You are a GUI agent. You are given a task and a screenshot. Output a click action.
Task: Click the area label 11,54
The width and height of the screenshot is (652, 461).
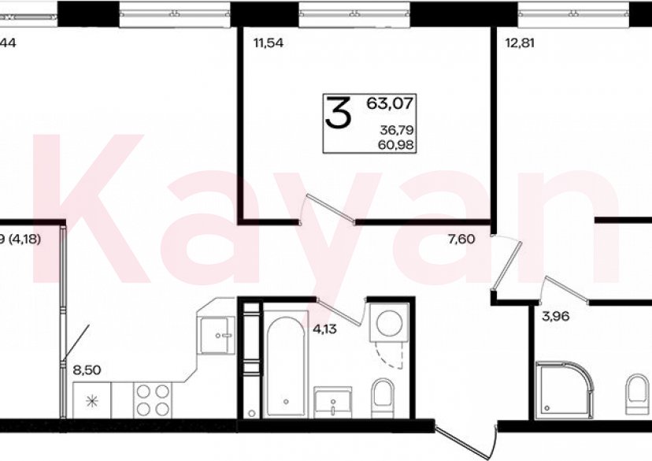(268, 43)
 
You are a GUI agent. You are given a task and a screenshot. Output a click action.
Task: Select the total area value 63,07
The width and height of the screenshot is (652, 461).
(390, 102)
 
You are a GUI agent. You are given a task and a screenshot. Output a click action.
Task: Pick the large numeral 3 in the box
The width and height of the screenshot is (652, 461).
(339, 115)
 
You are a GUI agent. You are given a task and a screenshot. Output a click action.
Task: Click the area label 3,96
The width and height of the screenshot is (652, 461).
(555, 318)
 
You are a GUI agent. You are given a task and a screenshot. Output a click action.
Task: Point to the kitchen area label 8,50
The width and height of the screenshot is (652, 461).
(87, 366)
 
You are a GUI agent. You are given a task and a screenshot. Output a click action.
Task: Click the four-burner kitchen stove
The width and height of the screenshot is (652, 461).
(152, 398)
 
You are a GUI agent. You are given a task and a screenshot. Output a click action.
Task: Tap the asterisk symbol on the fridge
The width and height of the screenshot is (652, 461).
(93, 400)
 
